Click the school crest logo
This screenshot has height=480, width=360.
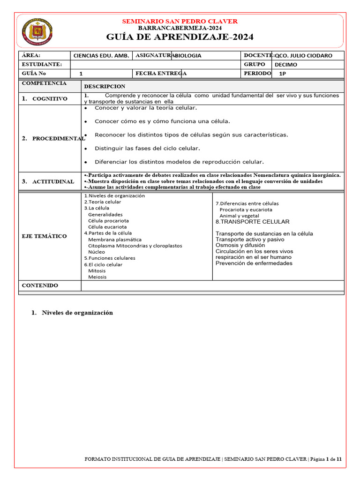click(x=37, y=32)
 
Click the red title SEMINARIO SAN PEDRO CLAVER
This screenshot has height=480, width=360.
click(x=180, y=21)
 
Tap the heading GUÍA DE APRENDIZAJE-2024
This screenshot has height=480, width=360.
click(x=180, y=37)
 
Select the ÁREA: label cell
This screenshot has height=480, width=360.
click(x=31, y=55)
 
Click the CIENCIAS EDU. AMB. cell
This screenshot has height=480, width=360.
click(x=101, y=55)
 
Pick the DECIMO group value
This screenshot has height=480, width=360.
click(x=285, y=65)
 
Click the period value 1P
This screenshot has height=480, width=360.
click(x=283, y=74)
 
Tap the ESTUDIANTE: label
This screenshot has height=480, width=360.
click(x=41, y=64)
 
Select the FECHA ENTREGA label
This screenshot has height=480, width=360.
click(x=161, y=74)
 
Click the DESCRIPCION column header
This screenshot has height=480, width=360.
click(x=105, y=86)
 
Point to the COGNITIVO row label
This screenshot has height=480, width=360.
click(x=49, y=99)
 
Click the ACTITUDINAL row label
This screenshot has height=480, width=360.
click(x=53, y=181)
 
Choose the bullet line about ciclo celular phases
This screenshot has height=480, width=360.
click(x=147, y=149)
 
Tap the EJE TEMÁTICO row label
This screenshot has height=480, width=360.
click(x=44, y=236)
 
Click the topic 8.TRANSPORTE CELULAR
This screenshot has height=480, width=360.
click(x=252, y=222)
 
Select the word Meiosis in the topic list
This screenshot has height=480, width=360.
click(x=97, y=277)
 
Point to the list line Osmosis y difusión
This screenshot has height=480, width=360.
click(x=240, y=245)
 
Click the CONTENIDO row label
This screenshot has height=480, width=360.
click(x=40, y=285)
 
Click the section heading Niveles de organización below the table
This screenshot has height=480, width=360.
click(x=77, y=313)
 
